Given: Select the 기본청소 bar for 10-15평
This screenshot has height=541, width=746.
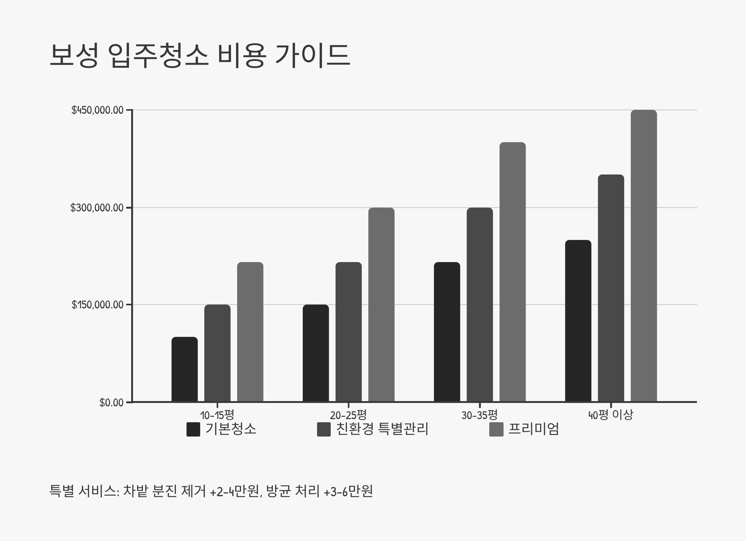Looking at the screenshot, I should click(x=185, y=369).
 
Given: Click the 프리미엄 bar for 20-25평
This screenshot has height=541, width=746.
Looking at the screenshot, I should click(x=381, y=304).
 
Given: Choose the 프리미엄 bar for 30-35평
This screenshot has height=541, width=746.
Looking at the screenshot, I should click(x=513, y=272).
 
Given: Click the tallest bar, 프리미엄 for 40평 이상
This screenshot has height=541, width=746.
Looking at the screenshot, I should click(x=644, y=256).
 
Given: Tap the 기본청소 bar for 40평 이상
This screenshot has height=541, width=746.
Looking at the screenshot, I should click(x=578, y=321).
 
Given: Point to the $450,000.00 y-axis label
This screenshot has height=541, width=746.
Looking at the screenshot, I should click(x=97, y=110).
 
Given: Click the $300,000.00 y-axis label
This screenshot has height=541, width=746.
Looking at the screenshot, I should click(x=97, y=208).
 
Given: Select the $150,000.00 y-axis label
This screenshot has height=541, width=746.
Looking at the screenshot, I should click(x=97, y=305).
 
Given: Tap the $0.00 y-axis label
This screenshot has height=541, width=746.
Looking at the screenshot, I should click(x=111, y=402).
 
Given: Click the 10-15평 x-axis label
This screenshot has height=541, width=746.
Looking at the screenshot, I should click(x=217, y=415).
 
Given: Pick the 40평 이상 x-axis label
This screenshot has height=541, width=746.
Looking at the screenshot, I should click(x=610, y=415).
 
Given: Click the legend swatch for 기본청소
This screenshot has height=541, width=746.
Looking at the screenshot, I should click(x=193, y=429).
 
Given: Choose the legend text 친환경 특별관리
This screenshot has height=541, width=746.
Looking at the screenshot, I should click(x=382, y=429).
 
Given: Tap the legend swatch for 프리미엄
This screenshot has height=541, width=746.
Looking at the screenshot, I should click(x=496, y=429).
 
